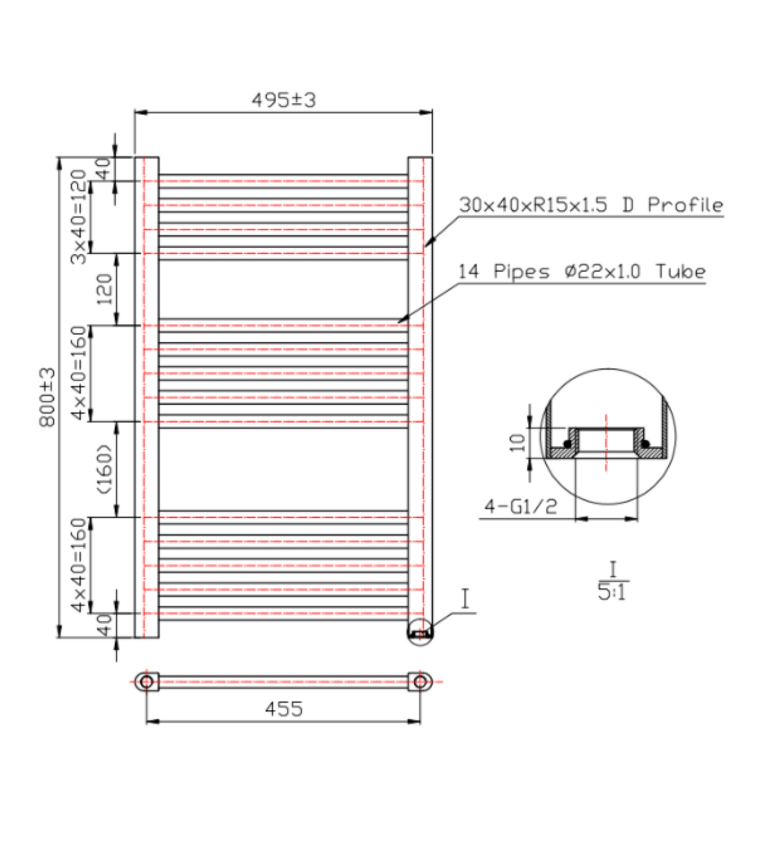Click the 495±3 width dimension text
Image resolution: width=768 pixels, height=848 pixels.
tap(284, 100)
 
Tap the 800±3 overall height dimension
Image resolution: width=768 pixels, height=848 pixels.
tap(47, 397)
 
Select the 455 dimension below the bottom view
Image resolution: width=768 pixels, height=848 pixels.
tap(284, 709)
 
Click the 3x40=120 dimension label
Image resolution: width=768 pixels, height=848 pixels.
tap(78, 217)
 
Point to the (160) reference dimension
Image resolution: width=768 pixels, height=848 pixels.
tap(104, 469)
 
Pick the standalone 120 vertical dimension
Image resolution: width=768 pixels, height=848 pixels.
tap(104, 289)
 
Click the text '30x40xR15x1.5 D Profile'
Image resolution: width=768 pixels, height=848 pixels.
tap(591, 205)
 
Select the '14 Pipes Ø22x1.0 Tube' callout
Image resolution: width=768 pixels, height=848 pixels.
tap(582, 271)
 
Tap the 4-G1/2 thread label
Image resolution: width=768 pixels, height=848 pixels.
tap(521, 507)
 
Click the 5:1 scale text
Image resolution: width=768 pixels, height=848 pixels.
tap(611, 592)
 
